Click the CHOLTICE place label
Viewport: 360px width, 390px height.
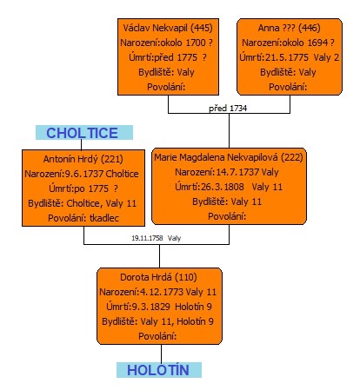point(82,133)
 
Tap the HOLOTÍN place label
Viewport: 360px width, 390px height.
point(158,370)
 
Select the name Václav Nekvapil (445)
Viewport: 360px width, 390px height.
point(168,28)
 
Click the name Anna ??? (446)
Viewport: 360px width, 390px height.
point(290,28)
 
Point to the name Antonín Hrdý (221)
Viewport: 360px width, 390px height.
point(83,159)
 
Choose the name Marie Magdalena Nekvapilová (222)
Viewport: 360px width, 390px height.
point(229,157)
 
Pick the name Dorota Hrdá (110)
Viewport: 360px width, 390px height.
point(158,277)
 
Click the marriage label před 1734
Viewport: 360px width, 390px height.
point(228,109)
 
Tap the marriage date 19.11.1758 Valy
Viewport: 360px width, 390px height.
point(157,238)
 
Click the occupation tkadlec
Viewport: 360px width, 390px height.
point(104,218)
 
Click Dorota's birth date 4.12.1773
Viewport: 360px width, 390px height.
point(162,292)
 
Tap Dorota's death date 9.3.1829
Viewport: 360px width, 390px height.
point(151,307)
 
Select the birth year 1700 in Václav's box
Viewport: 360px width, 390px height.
point(196,43)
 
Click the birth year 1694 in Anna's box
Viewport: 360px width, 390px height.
point(317,43)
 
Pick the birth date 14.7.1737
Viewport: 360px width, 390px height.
point(237,172)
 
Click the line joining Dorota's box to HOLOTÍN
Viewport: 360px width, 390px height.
point(162,354)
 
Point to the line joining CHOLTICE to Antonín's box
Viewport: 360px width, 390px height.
point(81,145)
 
